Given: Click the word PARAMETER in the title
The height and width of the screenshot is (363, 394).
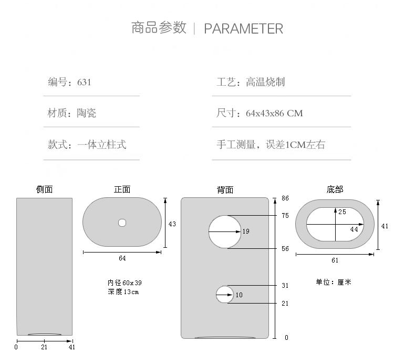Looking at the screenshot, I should click(243, 28).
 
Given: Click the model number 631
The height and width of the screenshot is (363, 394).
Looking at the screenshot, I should click(84, 82).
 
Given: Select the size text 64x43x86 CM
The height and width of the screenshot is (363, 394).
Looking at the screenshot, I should click(274, 113).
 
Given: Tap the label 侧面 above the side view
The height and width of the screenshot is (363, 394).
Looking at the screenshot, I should click(44, 189).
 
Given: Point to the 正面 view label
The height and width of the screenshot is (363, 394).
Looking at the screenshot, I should click(122, 189).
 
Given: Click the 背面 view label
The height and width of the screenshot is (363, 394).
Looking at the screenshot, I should click(225, 190).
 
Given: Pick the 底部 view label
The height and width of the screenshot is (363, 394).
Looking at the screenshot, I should click(335, 189).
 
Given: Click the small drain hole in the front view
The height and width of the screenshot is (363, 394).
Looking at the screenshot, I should click(122, 223).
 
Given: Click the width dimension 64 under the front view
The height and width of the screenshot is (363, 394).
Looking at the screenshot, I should click(122, 258).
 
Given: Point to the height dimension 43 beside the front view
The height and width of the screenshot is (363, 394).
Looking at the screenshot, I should click(172, 224).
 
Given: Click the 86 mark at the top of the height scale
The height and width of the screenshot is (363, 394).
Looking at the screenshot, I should click(285, 198).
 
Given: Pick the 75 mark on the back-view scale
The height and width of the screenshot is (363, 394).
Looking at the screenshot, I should click(285, 216).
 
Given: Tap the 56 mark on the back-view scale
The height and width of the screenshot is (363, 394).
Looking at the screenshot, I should click(285, 249).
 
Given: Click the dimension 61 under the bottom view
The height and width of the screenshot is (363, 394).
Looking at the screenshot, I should click(335, 260).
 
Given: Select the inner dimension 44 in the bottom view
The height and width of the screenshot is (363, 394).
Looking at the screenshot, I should click(354, 229).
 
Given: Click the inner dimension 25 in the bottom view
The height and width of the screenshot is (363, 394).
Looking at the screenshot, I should click(342, 212).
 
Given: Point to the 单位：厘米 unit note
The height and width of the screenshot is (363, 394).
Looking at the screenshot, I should click(334, 282).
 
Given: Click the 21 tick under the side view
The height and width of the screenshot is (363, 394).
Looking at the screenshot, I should click(44, 347).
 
